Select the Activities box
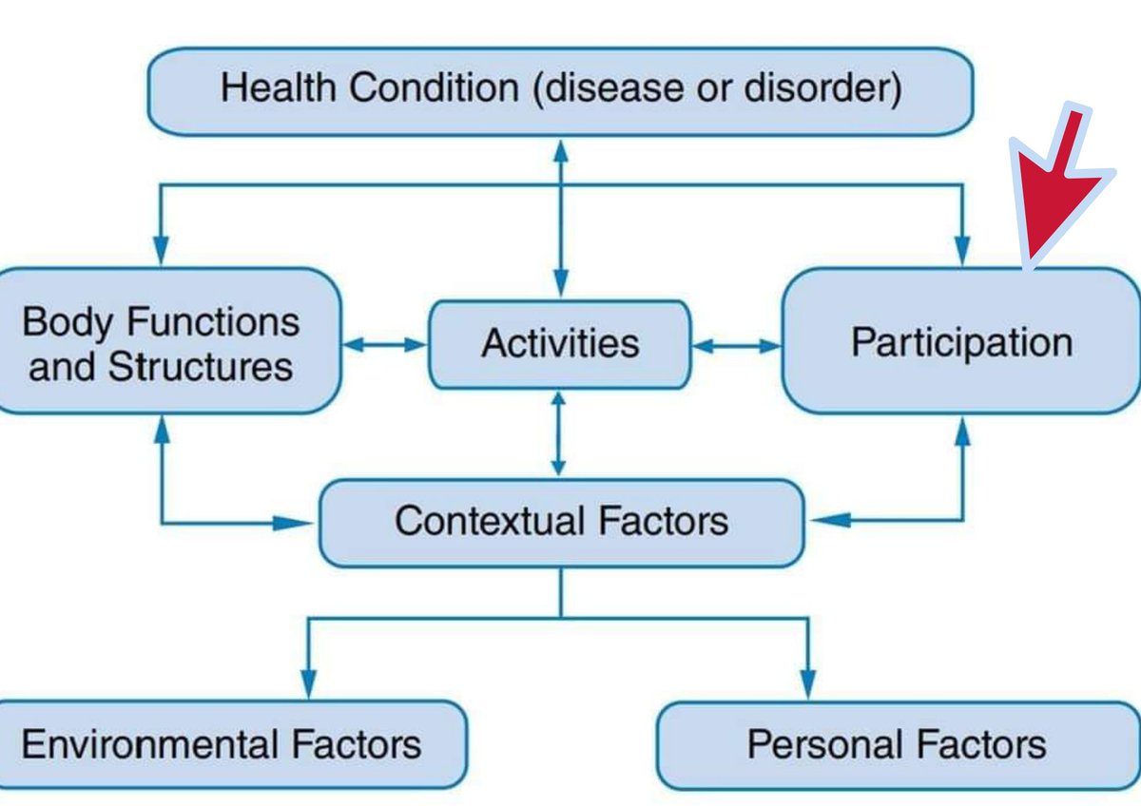pos(559,344)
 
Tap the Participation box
pos(961,342)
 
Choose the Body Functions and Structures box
pos(162,342)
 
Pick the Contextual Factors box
pos(561,522)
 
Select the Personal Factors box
pos(897,744)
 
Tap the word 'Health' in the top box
pos(279,89)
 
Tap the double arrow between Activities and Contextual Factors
pos(559,433)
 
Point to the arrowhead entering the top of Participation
pos(963,252)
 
